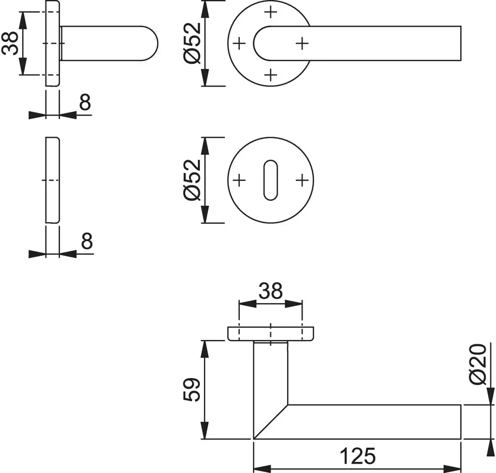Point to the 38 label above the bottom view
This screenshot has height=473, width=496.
point(270,291)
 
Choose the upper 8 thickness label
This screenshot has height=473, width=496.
point(85,102)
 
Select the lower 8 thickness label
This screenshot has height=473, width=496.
point(86,242)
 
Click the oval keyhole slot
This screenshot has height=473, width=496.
point(270,180)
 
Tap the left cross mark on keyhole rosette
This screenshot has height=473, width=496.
point(239,181)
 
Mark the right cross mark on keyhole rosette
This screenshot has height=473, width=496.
point(302,181)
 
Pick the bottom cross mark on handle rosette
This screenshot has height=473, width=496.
point(271,75)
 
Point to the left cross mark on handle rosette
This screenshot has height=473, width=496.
point(239,43)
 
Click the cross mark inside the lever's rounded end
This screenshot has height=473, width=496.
point(302,43)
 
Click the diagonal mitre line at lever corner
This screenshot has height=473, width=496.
point(271,422)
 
